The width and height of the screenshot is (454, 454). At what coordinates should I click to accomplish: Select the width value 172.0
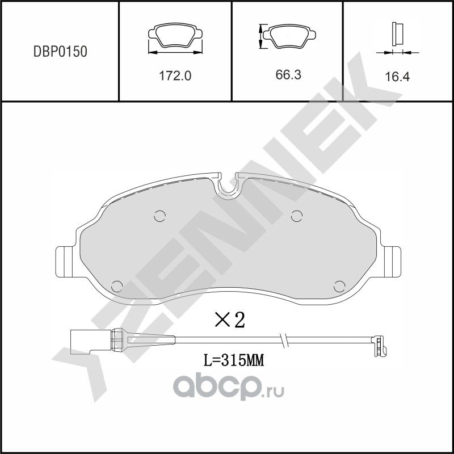point(175,76)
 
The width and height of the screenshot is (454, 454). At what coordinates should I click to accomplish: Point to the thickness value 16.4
point(397,77)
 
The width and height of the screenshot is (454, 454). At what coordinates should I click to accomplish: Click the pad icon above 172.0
point(175,37)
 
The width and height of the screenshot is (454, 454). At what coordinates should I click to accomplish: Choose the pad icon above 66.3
point(288,37)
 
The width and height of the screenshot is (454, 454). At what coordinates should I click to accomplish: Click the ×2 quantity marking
point(229,320)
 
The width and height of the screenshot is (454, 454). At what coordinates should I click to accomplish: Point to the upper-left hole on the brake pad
point(159,216)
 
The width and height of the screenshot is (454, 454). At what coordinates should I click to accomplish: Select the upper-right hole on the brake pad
point(296,215)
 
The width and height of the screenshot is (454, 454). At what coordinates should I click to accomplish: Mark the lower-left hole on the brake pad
point(118,286)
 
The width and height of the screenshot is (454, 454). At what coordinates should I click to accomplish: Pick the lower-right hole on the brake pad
point(340,286)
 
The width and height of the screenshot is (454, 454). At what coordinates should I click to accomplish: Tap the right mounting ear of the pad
point(391,262)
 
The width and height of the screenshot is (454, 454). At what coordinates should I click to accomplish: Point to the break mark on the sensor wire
point(284,340)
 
